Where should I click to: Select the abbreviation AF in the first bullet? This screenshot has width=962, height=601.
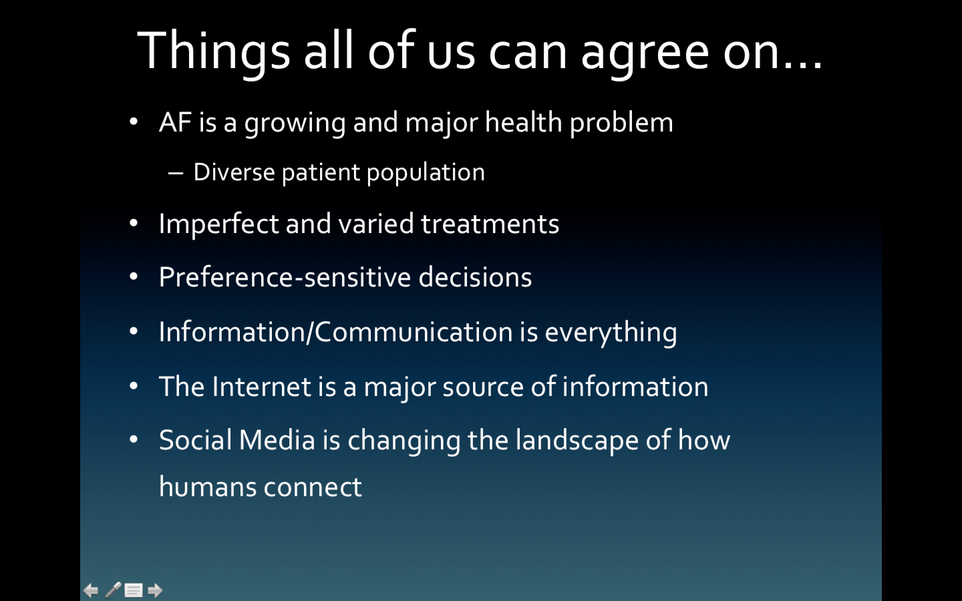[x=175, y=123]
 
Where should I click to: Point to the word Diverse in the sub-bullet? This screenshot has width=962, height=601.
[x=234, y=172]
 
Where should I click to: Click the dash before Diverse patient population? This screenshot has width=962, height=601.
[x=176, y=173]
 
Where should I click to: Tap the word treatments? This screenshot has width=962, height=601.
[x=490, y=224]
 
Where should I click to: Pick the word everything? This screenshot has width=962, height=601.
[x=611, y=332]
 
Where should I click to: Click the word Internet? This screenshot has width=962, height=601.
[x=261, y=386]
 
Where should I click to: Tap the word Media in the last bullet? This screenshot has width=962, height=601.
[x=277, y=440]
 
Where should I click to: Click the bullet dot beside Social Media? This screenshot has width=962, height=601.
[x=134, y=439]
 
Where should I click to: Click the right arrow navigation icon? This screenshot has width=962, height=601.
[x=155, y=590]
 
